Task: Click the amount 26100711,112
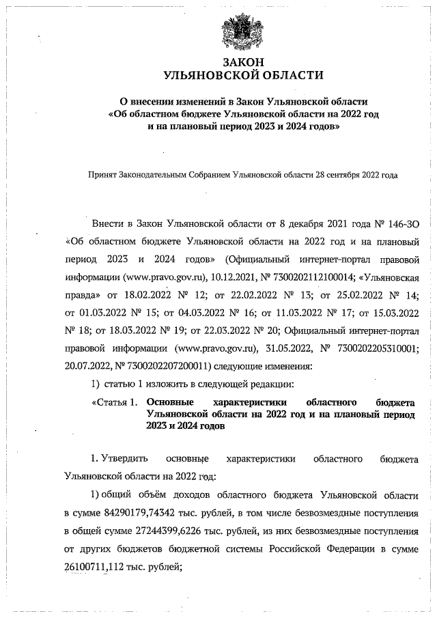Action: (96, 565)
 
